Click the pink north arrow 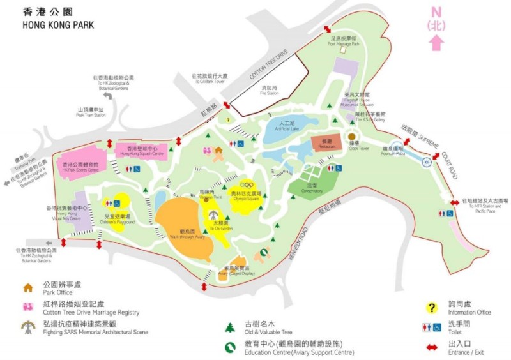click(436, 42)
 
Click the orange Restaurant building click(326, 144)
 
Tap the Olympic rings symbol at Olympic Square click(246, 184)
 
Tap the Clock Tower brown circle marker click(351, 137)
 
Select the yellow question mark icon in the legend click(432, 308)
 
